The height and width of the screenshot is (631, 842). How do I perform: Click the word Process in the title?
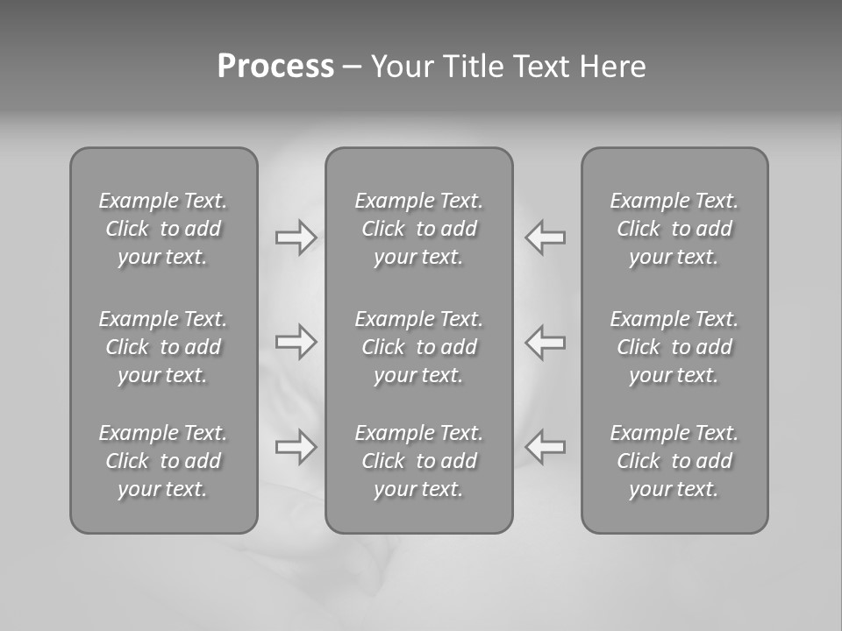pyautogui.click(x=275, y=67)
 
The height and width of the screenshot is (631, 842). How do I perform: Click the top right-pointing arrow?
pyautogui.click(x=296, y=238)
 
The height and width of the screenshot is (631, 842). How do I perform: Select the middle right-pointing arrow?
pyautogui.click(x=296, y=342)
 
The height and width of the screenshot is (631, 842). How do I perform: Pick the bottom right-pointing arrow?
pyautogui.click(x=296, y=447)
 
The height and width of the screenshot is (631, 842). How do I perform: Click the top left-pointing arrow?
pyautogui.click(x=545, y=238)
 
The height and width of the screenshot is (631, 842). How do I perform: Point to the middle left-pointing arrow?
pyautogui.click(x=545, y=342)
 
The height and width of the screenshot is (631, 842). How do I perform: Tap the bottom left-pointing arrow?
pyautogui.click(x=545, y=447)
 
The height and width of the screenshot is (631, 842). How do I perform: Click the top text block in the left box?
pyautogui.click(x=163, y=229)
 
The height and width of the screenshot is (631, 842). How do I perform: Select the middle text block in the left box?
pyautogui.click(x=163, y=347)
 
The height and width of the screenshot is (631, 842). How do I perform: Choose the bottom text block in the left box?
pyautogui.click(x=163, y=461)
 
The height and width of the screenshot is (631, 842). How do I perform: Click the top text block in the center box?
pyautogui.click(x=418, y=229)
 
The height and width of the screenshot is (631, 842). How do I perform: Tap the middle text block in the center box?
pyautogui.click(x=418, y=347)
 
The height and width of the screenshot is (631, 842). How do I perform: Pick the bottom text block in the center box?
pyautogui.click(x=418, y=461)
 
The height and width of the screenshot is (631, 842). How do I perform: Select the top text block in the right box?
pyautogui.click(x=674, y=229)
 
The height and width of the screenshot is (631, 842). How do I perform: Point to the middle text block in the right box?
pyautogui.click(x=674, y=347)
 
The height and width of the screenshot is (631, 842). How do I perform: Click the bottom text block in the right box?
pyautogui.click(x=674, y=461)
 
